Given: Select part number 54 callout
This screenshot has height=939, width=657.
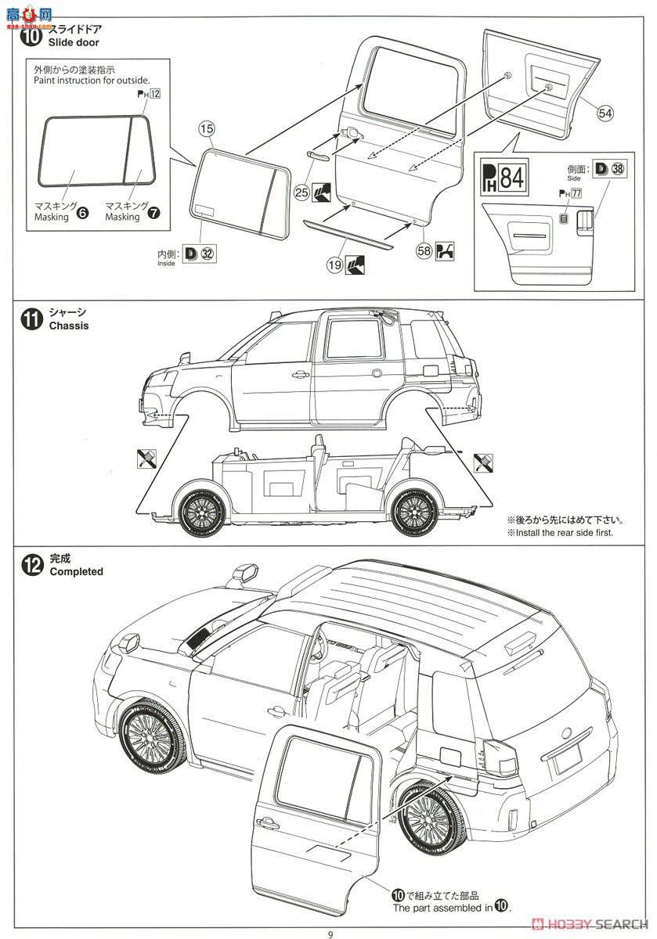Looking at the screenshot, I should [605, 113].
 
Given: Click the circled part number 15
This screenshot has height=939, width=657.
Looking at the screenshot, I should [206, 128].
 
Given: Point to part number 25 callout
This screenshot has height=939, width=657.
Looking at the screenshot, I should [302, 191].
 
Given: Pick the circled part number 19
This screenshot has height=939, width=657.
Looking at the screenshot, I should [334, 265].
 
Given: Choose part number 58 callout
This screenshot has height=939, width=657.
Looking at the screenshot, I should [424, 251].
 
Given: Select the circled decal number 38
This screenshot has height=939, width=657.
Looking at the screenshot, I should [619, 167].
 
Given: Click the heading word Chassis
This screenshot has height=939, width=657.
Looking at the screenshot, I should [69, 326].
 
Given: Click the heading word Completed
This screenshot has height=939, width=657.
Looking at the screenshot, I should [76, 571].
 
